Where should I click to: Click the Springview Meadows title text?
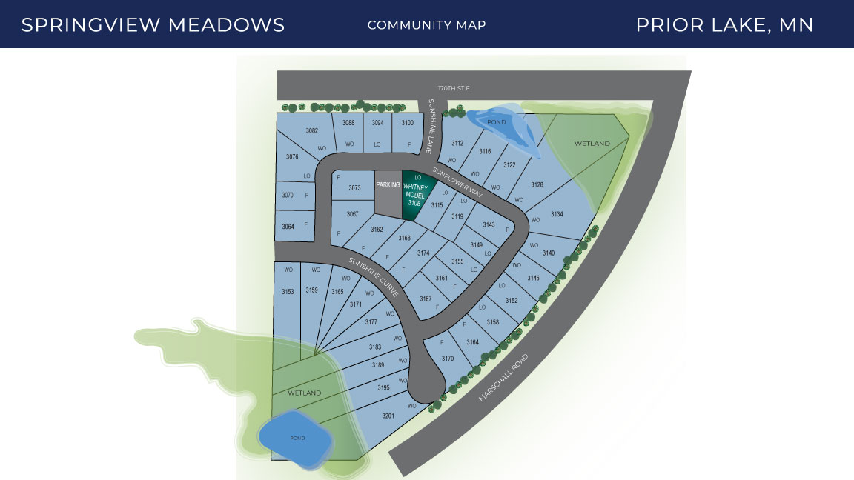click(x=153, y=24)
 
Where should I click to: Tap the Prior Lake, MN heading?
click(x=724, y=24)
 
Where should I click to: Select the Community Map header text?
click(x=426, y=25)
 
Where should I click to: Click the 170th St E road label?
click(x=454, y=88)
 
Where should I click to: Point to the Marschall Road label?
click(x=503, y=378)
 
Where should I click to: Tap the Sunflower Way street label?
click(x=458, y=181)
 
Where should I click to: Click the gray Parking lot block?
click(x=388, y=195)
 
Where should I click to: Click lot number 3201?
click(x=388, y=416)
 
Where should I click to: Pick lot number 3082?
click(x=312, y=130)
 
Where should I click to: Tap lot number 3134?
click(x=557, y=214)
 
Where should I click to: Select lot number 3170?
click(x=447, y=359)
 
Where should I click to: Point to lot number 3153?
click(x=288, y=292)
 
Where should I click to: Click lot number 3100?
click(x=408, y=123)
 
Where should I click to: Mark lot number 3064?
click(x=288, y=226)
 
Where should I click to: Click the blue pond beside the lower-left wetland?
click(x=295, y=439)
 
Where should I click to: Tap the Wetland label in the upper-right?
click(x=592, y=143)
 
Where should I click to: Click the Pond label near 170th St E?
click(x=496, y=122)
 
